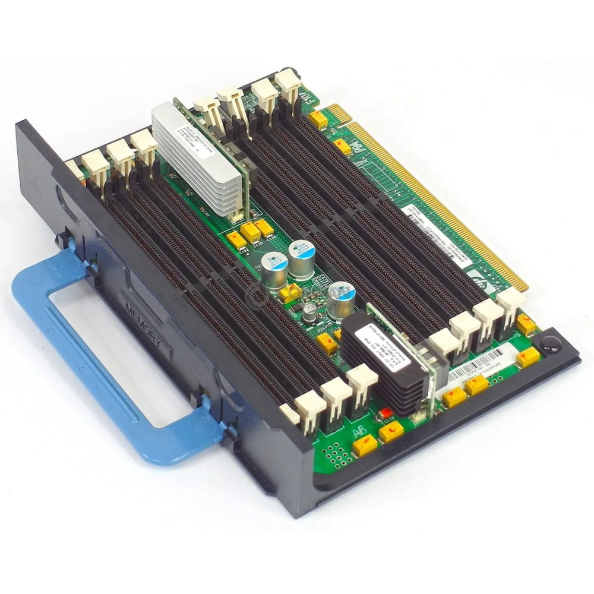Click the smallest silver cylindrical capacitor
tap(309, 311)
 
